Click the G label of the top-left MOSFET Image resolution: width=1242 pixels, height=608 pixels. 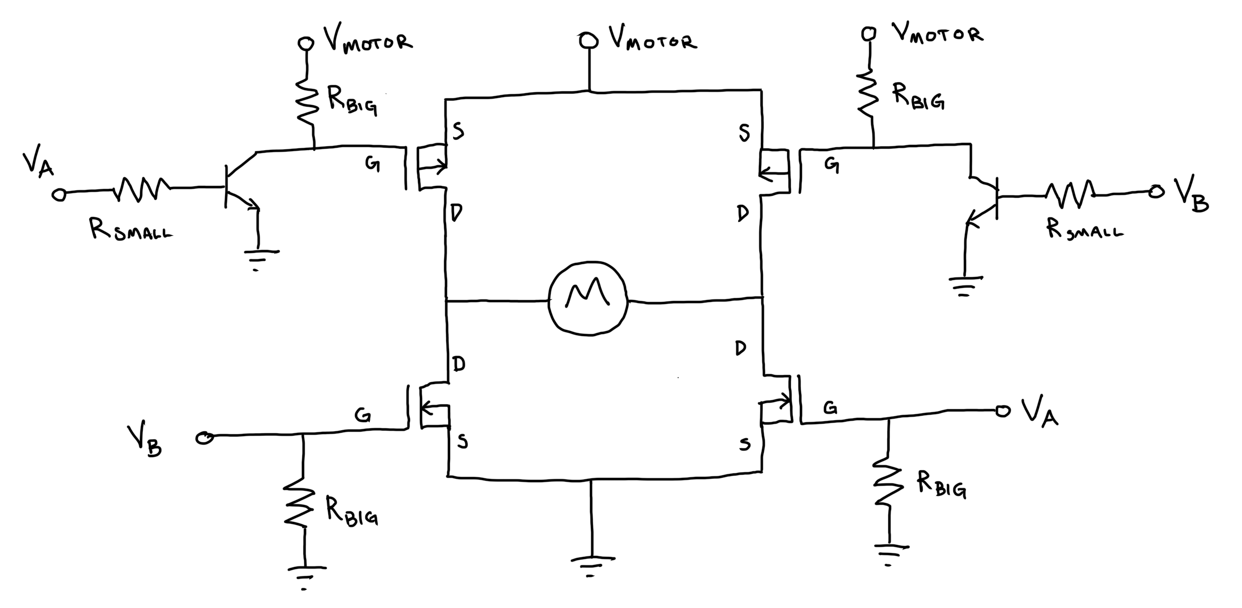click(x=372, y=164)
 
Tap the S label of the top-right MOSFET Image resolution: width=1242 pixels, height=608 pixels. click(x=744, y=133)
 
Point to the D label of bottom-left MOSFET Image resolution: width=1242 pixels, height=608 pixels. click(x=458, y=364)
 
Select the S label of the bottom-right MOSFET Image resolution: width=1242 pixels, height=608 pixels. click(x=745, y=443)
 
